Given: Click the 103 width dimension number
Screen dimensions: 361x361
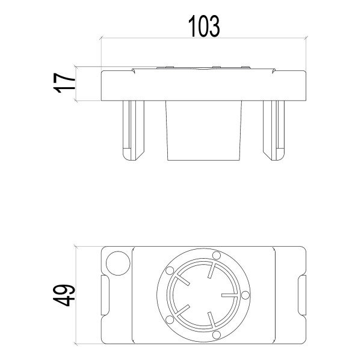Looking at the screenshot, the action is (204, 26).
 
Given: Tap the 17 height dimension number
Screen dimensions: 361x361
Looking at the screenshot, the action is (64, 83).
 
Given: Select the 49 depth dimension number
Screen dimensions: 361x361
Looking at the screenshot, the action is (64, 295).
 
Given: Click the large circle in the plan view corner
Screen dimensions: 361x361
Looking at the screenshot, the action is (118, 263).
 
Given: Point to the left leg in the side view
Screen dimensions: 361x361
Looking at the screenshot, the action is (134, 131).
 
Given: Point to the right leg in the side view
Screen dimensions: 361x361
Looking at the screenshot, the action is (274, 131).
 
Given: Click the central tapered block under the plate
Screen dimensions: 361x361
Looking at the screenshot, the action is (204, 131).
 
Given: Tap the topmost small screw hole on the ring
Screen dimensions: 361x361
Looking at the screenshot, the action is (217, 255).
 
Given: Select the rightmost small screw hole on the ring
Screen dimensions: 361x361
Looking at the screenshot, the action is (245, 295).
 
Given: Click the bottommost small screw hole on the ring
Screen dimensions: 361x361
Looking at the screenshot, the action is (217, 335).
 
